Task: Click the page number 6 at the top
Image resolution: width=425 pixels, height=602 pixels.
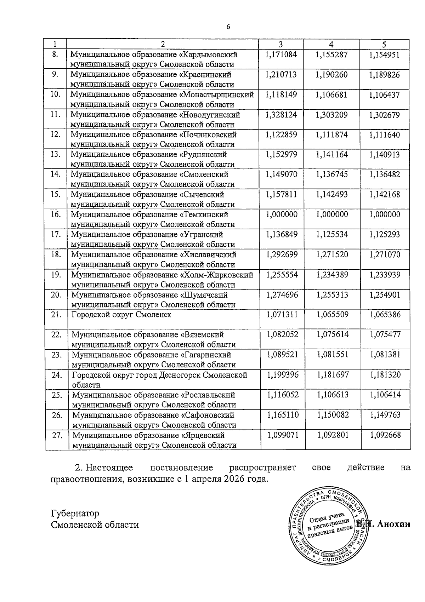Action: (x=228, y=27)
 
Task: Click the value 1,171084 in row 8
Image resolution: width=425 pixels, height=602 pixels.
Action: (x=281, y=55)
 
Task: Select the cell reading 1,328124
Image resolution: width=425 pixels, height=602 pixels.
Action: (x=281, y=115)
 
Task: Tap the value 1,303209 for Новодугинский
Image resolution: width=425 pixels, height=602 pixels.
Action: (x=331, y=115)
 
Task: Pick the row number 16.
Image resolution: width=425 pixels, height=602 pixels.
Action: (x=56, y=214)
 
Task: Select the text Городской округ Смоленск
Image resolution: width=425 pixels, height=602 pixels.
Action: (x=121, y=315)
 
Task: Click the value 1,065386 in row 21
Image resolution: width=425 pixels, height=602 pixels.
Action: (x=385, y=315)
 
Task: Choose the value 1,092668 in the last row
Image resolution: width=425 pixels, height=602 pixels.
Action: (x=385, y=435)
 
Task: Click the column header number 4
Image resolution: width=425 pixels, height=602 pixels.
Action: (x=331, y=44)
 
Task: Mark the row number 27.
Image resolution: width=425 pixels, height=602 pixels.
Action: (x=57, y=435)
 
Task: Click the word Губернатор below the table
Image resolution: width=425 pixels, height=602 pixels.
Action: (x=75, y=513)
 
